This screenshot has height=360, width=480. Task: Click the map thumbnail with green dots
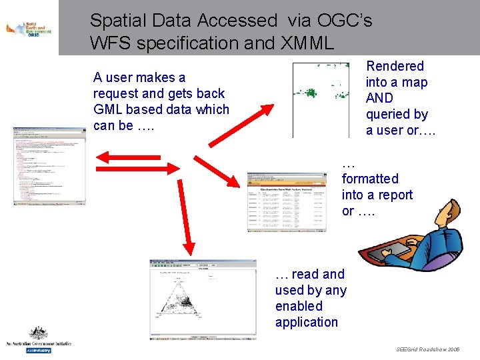321,99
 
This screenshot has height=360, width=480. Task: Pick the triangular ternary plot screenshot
203,299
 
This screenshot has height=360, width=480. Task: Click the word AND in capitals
379,98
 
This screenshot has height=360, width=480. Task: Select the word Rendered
395,66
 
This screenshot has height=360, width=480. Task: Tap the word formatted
370,179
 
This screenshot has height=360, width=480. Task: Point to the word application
307,322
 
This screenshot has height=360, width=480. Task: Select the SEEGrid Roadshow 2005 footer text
427,349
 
